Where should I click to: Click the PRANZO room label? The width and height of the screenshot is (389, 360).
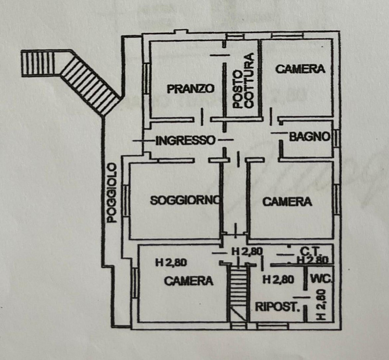point(190,89)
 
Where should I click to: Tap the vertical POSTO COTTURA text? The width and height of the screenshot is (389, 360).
point(242,81)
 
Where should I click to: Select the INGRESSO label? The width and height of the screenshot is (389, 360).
point(185,141)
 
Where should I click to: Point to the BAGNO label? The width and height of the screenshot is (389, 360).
point(310,137)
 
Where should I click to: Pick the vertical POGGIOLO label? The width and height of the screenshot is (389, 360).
point(112,193)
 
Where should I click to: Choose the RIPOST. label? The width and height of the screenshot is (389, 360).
point(276,306)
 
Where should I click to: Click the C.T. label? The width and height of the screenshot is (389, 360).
point(309,252)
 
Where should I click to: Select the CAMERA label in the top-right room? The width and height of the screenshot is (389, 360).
point(300,69)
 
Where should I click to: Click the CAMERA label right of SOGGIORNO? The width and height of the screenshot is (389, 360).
point(287,201)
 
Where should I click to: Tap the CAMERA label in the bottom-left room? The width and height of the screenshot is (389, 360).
point(188,281)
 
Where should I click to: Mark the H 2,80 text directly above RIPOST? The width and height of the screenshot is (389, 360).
point(278,280)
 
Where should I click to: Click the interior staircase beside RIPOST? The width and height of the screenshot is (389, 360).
point(238,292)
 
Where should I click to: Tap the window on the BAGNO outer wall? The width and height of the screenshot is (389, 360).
point(336,138)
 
